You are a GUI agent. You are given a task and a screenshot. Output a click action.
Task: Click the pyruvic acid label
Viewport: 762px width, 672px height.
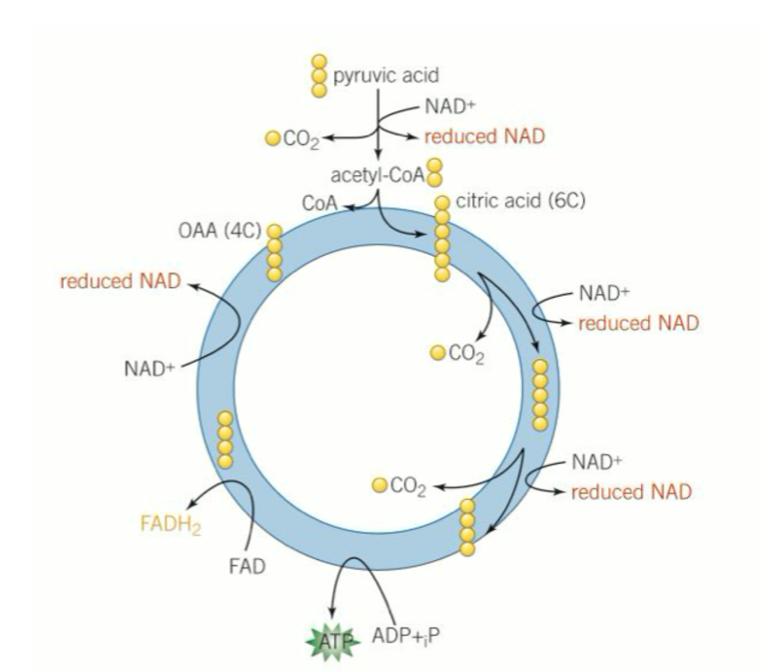pyautogui.click(x=385, y=76)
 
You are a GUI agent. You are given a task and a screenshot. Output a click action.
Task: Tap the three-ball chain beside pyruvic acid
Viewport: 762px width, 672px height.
pyautogui.click(x=319, y=76)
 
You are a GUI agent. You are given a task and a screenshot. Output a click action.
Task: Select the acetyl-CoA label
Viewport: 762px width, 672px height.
pyautogui.click(x=378, y=175)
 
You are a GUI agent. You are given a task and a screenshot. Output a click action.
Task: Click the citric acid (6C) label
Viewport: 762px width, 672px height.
pyautogui.click(x=520, y=201)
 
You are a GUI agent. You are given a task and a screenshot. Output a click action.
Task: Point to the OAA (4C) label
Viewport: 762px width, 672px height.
pyautogui.click(x=220, y=231)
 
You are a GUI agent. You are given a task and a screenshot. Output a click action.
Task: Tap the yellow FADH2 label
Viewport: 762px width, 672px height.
pyautogui.click(x=171, y=524)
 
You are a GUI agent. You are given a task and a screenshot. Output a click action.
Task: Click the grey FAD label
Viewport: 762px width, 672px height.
pyautogui.click(x=247, y=566)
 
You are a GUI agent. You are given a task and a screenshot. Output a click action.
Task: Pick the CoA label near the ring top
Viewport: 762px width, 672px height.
pyautogui.click(x=320, y=203)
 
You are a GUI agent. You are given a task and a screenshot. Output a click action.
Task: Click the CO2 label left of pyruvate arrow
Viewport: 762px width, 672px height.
pyautogui.click(x=301, y=139)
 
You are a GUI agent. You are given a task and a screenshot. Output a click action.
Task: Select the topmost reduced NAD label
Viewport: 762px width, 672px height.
pyautogui.click(x=484, y=136)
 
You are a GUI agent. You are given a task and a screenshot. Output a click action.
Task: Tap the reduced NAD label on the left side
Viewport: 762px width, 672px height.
pyautogui.click(x=120, y=281)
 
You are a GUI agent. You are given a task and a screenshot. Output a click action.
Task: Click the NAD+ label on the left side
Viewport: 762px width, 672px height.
pyautogui.click(x=149, y=369)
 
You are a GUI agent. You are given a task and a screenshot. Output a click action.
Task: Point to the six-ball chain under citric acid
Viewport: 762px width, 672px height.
pyautogui.click(x=442, y=238)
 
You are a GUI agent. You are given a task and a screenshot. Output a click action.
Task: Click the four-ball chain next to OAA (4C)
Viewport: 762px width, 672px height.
pyautogui.click(x=274, y=253)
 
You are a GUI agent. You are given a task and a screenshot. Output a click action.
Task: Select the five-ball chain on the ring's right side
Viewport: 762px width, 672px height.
pyautogui.click(x=540, y=395)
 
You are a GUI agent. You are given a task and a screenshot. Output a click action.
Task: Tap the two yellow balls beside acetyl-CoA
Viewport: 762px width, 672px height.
pyautogui.click(x=436, y=172)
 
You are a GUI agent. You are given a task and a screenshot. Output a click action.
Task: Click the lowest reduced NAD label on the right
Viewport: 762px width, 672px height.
pyautogui.click(x=631, y=492)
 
